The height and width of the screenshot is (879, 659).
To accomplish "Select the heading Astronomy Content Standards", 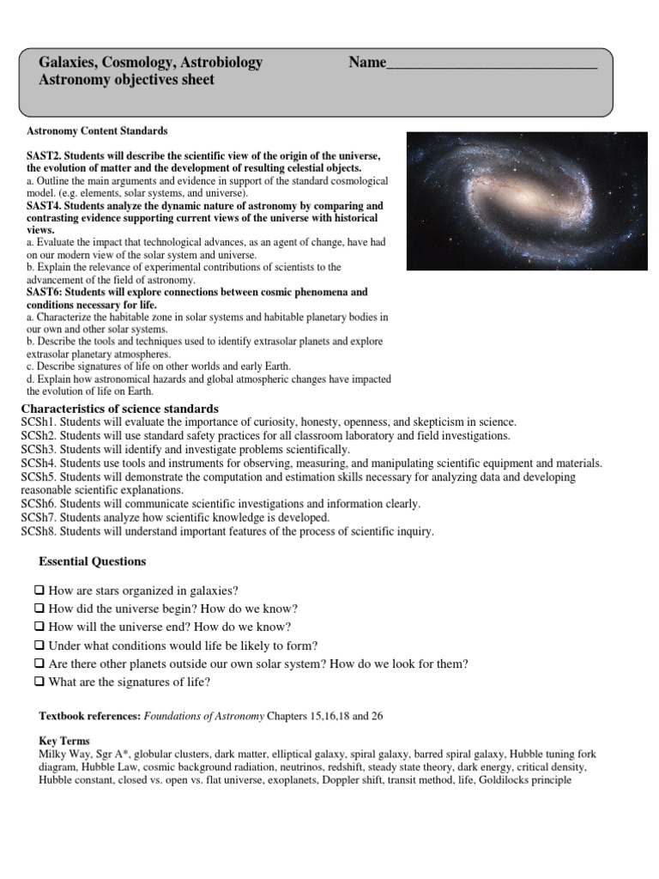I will click(98, 131).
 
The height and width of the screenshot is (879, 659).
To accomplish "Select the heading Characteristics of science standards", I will click(119, 409).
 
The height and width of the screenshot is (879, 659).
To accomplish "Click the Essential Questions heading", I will click(93, 561).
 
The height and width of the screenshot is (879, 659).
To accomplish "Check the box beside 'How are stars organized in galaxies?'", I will click(39, 591).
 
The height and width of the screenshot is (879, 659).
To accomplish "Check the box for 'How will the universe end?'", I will click(39, 627).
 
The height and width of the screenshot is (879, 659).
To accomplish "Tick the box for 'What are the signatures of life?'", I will click(39, 682).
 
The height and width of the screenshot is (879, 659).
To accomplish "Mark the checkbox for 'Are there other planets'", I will click(39, 664).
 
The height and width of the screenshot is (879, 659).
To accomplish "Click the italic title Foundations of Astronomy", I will click(204, 716).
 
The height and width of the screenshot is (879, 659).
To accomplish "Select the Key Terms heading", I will click(64, 741).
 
